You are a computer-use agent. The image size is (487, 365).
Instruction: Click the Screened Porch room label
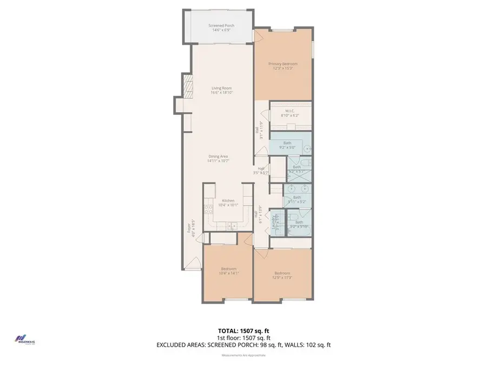tap(221, 28)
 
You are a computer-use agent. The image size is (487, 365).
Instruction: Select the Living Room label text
tap(221, 90)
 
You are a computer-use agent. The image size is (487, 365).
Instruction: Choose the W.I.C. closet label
tap(290, 113)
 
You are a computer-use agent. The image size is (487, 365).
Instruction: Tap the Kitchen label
tap(227, 202)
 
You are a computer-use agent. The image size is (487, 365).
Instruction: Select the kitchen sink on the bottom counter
tap(232, 226)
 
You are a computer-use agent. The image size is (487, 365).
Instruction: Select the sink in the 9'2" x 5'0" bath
tap(307, 148)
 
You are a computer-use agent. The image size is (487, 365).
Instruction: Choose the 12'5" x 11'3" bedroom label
tap(282, 275)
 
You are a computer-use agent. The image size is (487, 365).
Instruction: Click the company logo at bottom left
tap(24, 339)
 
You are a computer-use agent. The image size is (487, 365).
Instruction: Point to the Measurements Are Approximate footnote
tap(243, 355)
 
